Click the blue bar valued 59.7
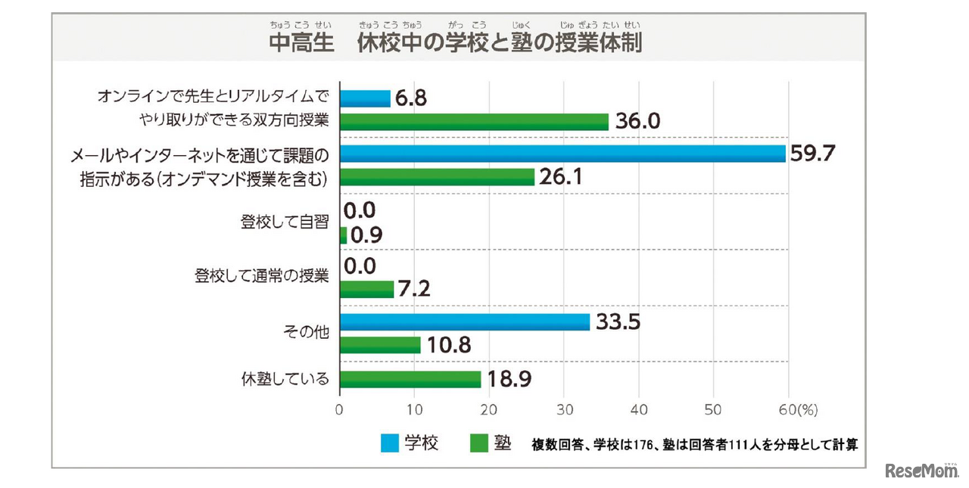(562, 154)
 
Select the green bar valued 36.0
(474, 121)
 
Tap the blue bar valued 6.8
(365, 98)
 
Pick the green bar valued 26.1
(437, 177)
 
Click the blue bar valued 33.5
(465, 322)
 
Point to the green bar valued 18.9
(410, 379)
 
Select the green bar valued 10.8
(380, 345)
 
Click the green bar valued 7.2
(366, 289)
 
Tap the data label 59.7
(812, 154)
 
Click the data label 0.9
(366, 235)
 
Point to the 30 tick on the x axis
(564, 410)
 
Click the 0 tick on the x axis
(340, 410)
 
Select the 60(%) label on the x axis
(797, 410)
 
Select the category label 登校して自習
(285, 223)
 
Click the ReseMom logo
(921, 471)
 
